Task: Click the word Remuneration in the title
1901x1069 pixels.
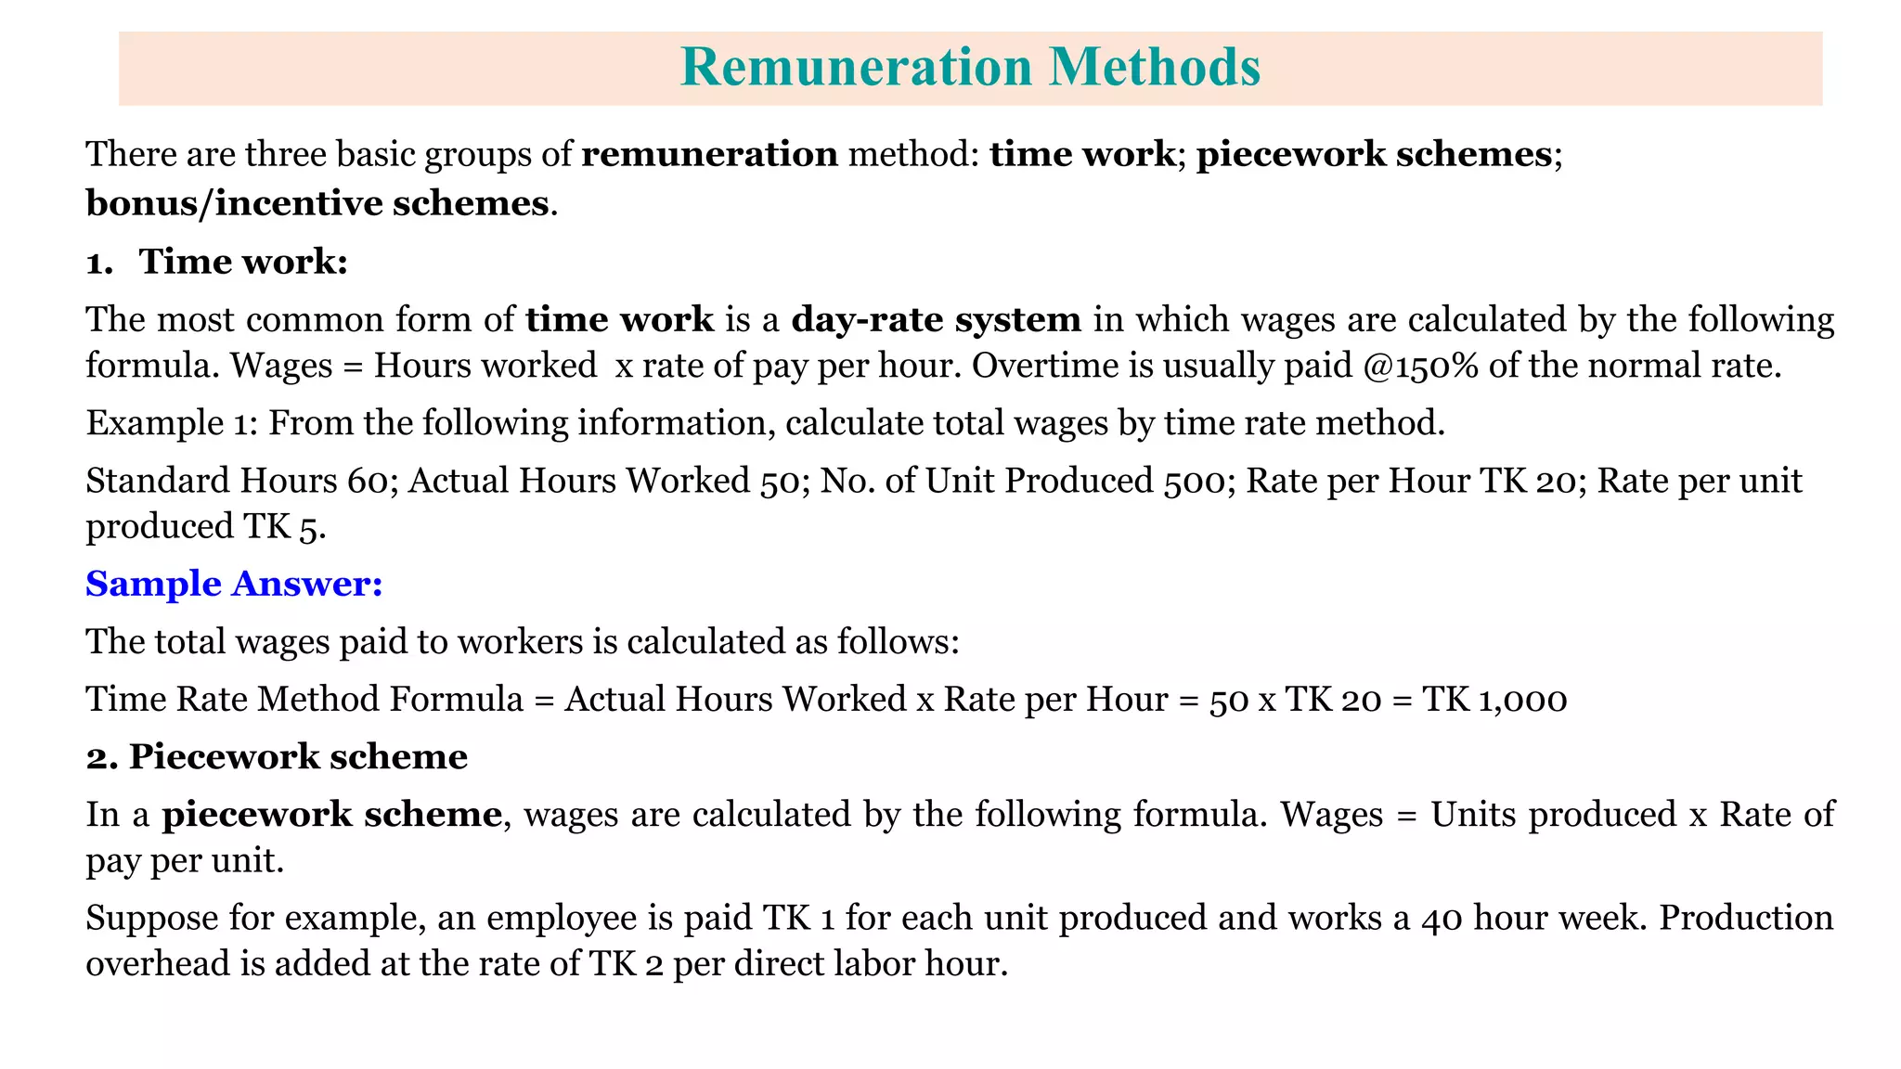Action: (x=856, y=67)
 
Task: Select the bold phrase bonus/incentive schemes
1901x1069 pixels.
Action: (x=317, y=203)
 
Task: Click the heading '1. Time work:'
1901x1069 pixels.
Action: (x=216, y=262)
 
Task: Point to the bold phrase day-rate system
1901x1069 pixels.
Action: (x=936, y=319)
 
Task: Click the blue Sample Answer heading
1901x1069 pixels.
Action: (x=234, y=584)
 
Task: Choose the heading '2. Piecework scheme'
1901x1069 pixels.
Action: (x=277, y=757)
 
